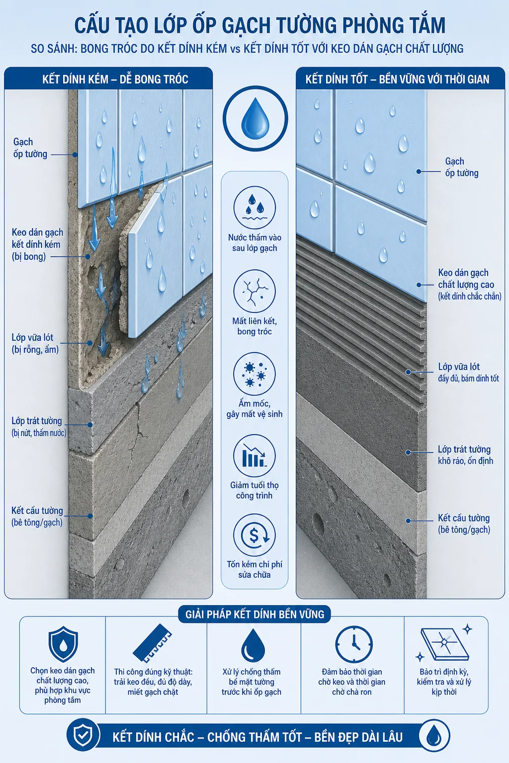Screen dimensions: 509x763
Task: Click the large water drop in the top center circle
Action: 255,118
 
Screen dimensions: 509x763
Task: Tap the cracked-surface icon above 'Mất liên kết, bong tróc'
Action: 254,291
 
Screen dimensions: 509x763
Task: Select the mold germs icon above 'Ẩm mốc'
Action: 254,374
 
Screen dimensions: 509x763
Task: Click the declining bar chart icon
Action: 254,456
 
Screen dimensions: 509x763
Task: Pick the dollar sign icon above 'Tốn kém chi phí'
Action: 254,535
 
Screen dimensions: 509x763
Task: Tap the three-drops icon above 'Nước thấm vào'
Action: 254,208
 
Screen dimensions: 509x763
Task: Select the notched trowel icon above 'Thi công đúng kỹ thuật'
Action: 152,643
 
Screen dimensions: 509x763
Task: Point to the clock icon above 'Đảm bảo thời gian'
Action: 354,644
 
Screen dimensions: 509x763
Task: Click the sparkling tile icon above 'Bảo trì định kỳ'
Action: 444,644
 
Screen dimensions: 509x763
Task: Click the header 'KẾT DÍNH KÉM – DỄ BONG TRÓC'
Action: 115,79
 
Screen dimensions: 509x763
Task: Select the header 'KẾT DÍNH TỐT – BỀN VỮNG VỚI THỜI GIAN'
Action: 397,79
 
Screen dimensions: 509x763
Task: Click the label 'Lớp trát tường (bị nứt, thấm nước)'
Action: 39,427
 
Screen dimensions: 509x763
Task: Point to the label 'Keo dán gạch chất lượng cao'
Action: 466,279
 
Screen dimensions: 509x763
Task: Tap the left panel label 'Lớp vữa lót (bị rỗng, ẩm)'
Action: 35,343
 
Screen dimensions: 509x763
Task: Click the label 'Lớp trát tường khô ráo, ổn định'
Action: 465,455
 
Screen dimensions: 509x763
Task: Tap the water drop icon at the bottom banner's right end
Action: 433,736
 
